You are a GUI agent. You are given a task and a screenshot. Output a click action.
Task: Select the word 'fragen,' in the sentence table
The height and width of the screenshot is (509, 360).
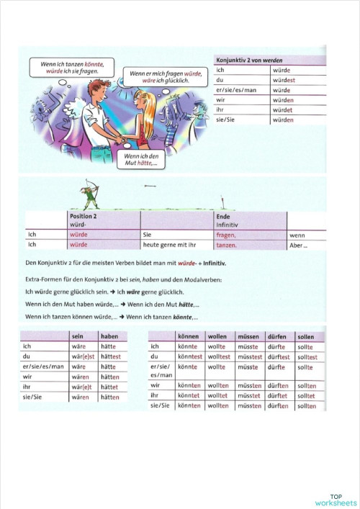point(226,235)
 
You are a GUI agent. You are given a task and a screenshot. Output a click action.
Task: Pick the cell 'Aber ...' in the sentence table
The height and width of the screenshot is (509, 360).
point(298,245)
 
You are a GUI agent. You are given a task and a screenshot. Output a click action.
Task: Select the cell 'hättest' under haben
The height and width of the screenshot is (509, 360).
point(111,356)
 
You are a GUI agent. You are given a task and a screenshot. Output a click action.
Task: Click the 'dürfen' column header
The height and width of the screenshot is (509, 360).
point(277,336)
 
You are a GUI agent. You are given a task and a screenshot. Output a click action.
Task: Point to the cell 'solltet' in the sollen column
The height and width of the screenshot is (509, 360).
point(306,395)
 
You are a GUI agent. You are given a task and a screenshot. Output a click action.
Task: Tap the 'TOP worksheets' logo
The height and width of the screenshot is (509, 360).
point(336,500)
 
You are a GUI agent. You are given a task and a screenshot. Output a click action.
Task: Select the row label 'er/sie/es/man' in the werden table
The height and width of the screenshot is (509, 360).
point(236,91)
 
